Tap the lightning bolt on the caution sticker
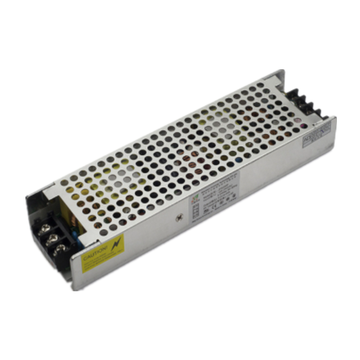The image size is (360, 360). (x=116, y=243)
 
